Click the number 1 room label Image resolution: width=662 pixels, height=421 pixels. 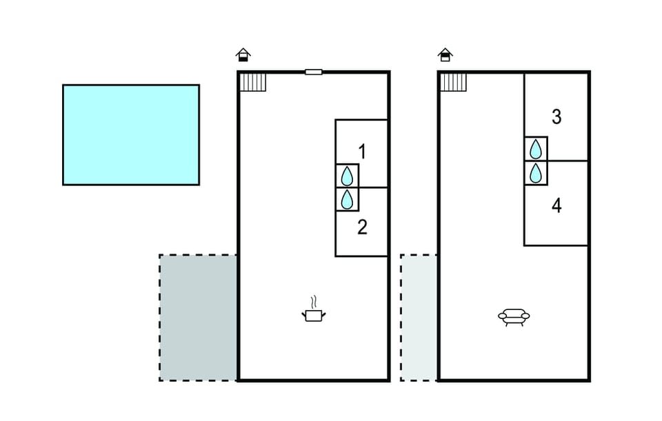(362, 152)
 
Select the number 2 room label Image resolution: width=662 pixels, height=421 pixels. (362, 227)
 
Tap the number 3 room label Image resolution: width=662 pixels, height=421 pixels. (556, 117)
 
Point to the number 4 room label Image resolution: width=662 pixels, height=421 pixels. (556, 205)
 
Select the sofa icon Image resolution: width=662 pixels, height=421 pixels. (514, 317)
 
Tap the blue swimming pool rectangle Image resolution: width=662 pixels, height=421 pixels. (131, 134)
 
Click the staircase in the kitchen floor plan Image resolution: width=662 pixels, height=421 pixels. (253, 82)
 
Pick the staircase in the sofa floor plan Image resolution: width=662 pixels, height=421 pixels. (454, 82)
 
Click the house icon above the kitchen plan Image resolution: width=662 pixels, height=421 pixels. (243, 55)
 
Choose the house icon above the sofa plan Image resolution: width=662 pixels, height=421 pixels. (445, 55)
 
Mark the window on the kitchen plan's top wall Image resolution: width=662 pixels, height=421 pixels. (314, 72)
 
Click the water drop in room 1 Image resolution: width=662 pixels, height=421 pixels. (347, 176)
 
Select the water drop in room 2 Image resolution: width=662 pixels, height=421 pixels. (347, 199)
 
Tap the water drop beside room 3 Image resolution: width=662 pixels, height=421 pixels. (536, 149)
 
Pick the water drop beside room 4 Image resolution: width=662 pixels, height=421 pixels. (536, 173)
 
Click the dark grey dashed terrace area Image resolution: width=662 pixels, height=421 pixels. (198, 318)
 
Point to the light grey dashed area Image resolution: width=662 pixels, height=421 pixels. (419, 318)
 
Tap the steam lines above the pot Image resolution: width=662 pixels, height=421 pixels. (313, 302)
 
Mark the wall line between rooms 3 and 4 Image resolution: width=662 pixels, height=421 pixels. (568, 161)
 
